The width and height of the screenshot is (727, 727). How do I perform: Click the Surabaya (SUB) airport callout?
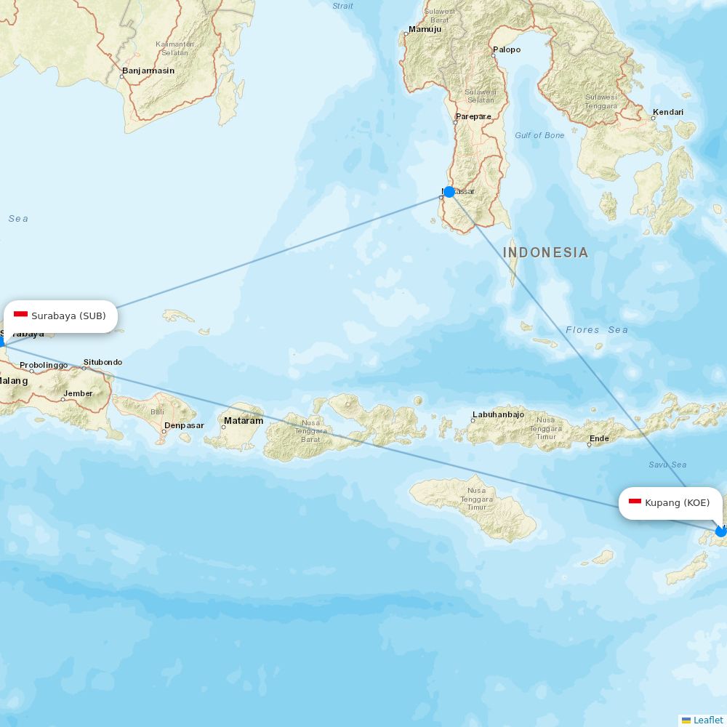[x=60, y=316]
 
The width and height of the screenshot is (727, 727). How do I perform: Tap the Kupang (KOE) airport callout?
[x=670, y=503]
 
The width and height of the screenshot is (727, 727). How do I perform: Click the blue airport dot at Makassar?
[x=449, y=192]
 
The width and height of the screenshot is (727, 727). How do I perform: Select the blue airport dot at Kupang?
[x=720, y=531]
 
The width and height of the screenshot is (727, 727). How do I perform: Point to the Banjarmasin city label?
[x=148, y=71]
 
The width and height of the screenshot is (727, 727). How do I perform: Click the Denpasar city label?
[x=184, y=425]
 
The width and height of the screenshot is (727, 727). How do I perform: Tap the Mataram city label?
[x=243, y=421]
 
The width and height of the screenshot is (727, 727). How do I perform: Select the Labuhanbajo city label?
[x=498, y=414]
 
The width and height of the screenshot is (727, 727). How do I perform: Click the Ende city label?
[x=599, y=438]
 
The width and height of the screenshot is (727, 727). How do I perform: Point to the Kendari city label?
[x=667, y=112]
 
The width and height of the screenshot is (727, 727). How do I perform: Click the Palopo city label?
[x=507, y=49]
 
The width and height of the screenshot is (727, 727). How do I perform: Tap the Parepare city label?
[x=473, y=116]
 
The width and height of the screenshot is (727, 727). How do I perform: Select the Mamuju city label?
[x=425, y=30]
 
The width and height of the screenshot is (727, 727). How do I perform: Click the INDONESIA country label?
[x=545, y=253]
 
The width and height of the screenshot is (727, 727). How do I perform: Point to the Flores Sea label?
[x=597, y=330]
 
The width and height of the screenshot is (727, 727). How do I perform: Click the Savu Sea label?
[x=667, y=465]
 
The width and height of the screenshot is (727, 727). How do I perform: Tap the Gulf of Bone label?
[x=539, y=135]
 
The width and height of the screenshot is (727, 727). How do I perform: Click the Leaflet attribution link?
[x=707, y=720]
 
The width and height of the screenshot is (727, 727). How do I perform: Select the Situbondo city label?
[x=103, y=362]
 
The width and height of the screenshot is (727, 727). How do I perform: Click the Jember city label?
[x=78, y=393]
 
